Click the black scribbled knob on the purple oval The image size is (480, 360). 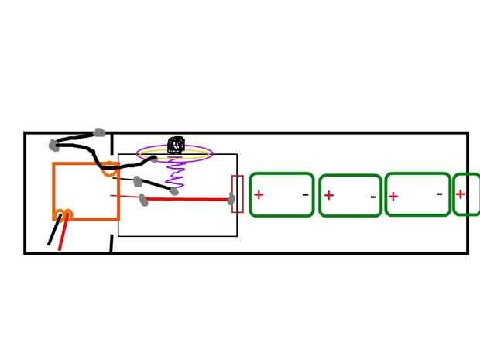(x=176, y=145)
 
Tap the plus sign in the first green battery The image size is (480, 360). (x=259, y=194)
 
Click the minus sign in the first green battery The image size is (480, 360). (x=305, y=195)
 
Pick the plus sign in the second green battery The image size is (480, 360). (x=329, y=195)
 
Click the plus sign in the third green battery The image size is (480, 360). (x=393, y=196)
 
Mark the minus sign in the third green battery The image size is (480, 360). (x=440, y=194)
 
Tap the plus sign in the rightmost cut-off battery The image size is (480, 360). (x=460, y=194)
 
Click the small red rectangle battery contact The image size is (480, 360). (x=238, y=194)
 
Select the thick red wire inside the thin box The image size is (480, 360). (x=189, y=199)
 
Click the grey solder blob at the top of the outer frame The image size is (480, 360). (x=98, y=133)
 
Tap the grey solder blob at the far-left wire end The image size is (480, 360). (x=53, y=145)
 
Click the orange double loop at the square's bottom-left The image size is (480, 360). (x=63, y=214)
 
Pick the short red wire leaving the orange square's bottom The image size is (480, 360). (x=62, y=234)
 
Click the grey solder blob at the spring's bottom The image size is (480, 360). (x=174, y=190)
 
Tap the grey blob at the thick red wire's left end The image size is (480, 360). (x=143, y=200)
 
